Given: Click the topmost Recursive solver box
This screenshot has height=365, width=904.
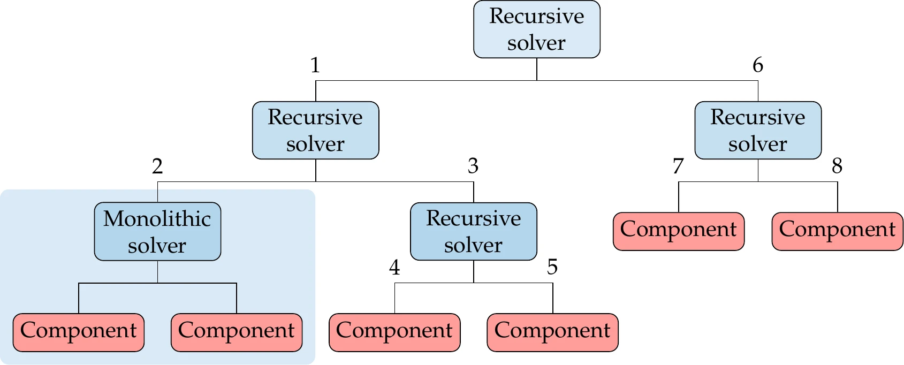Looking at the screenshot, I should coord(536,29).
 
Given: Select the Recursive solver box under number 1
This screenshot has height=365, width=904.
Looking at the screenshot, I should coord(315,131).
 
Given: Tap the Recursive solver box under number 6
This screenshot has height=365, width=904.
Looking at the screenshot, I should coord(757,131).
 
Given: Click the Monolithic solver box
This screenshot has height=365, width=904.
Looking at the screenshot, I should coord(157,232).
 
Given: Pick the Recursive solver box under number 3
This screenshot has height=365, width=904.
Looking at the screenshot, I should coord(473,232).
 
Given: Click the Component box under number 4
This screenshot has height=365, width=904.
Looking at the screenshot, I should coord(394,332).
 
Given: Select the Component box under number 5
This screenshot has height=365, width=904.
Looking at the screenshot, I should coord(552,332).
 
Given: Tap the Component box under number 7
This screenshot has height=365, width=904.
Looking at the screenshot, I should coord(678,231).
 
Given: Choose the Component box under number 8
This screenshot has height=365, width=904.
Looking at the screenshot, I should coord(837,231).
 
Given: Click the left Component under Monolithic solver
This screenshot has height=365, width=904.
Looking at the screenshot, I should coord(79,332).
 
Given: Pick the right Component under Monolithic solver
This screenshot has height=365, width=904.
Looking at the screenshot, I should coord(236,332).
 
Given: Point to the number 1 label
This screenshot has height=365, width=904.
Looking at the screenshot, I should coord(315,65).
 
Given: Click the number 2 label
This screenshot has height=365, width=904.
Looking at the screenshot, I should coord(157,166).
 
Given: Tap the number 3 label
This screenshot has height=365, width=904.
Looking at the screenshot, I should coord(473,166).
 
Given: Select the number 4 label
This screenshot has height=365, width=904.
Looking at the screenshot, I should coord(394,267).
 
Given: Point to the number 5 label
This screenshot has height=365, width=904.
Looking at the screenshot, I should coord(552,267).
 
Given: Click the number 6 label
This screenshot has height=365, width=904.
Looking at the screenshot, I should coord(757,65).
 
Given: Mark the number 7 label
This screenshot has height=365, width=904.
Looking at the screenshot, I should coord(678,166).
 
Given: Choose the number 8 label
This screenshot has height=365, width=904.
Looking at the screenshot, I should coord(837,166).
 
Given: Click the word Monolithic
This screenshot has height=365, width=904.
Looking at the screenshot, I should coord(157,219).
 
